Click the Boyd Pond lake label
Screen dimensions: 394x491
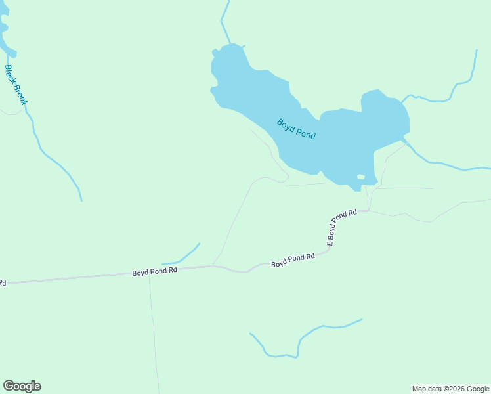click(296, 129)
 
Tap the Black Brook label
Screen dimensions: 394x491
click(16, 85)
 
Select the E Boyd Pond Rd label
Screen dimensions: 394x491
click(341, 227)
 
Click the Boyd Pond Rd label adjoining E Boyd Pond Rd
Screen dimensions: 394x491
click(293, 260)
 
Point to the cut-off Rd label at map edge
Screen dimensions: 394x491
click(3, 283)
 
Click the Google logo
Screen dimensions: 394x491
click(22, 386)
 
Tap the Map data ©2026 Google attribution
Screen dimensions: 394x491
click(450, 389)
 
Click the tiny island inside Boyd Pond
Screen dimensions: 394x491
click(360, 177)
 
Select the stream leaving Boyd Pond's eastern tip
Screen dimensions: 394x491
click(446, 164)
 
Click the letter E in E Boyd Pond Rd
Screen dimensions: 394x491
click(330, 243)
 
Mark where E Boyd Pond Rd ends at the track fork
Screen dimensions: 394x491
click(369, 211)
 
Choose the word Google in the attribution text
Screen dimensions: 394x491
click(478, 389)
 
